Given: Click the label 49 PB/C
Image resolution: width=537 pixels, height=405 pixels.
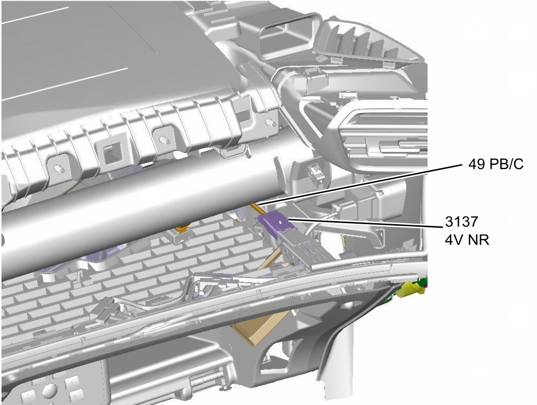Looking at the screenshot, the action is point(496,164).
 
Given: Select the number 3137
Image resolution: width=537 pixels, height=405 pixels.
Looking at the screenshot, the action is point(461,222).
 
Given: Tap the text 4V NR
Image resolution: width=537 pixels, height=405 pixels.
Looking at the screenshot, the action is point(467,240).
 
